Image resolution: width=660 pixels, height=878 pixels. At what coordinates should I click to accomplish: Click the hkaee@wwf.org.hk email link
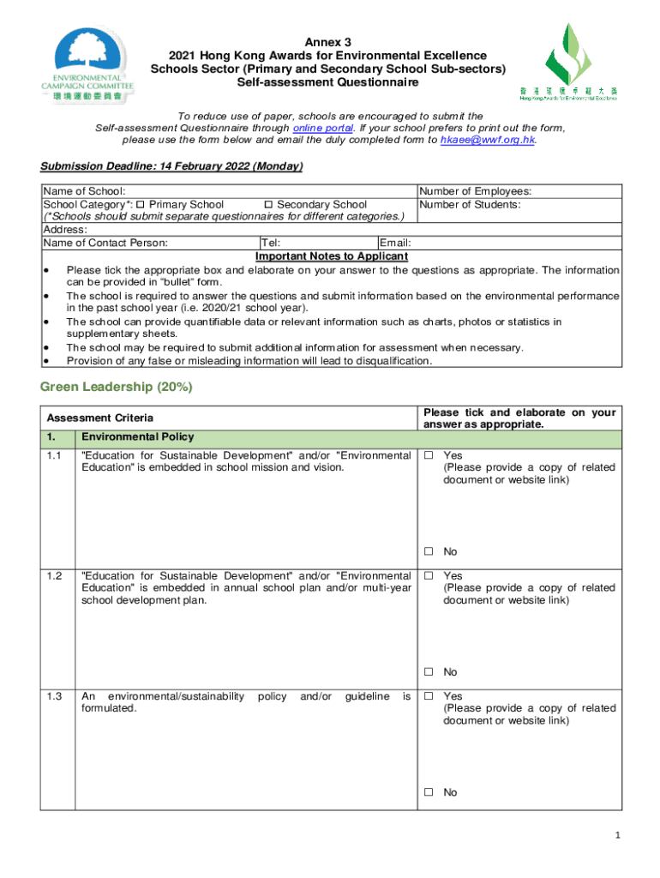click(x=487, y=140)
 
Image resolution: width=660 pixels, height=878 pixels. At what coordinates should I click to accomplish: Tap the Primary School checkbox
click(x=141, y=205)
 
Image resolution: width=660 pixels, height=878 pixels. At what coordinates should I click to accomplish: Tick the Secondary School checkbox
click(x=267, y=205)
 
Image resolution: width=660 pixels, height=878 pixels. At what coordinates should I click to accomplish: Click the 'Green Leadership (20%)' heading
click(x=117, y=388)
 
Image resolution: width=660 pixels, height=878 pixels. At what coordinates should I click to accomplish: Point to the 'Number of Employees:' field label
click(x=475, y=192)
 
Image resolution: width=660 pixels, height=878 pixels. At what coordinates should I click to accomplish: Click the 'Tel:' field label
click(x=271, y=244)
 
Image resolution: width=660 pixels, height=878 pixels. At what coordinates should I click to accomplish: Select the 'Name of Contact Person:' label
click(x=105, y=244)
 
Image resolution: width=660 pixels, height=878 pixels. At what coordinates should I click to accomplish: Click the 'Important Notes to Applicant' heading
click(x=332, y=256)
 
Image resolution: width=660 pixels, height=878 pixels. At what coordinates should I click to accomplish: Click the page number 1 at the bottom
click(x=617, y=837)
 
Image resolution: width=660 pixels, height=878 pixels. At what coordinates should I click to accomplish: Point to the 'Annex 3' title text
click(x=330, y=43)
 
